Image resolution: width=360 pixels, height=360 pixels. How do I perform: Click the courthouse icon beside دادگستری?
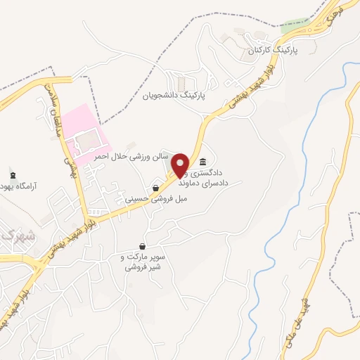[x=202, y=161]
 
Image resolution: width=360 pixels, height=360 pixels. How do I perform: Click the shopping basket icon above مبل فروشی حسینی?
[x=155, y=188]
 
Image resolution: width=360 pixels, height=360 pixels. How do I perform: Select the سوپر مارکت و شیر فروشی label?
[x=143, y=262]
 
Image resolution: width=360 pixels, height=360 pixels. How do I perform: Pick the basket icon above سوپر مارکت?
[x=143, y=247]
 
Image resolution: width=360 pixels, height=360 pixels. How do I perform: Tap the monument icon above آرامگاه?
[x=12, y=175]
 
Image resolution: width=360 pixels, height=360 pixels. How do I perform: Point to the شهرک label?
[x=12, y=237]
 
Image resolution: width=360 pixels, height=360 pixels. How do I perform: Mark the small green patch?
[x=293, y=27]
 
